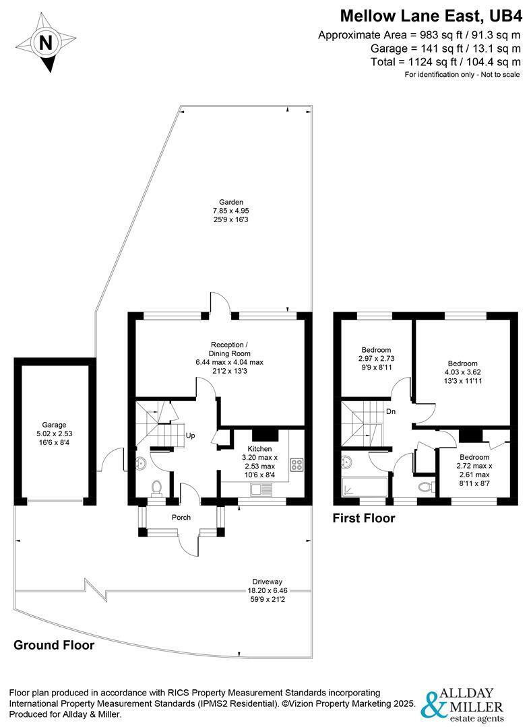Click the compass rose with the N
46,43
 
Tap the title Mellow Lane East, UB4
430,15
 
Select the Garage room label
55,425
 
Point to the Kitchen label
259,448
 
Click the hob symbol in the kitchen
296,464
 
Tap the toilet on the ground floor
157,487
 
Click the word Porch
181,518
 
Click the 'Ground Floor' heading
54,646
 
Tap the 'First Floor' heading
364,518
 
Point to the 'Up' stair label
191,436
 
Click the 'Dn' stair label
390,411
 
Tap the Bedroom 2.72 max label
474,457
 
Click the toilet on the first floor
424,485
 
